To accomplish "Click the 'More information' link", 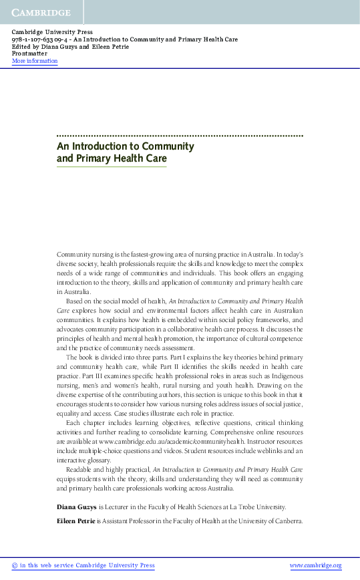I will pos(35,61).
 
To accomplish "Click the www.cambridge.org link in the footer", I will pos(315,565).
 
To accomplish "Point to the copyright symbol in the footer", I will pos(15,565).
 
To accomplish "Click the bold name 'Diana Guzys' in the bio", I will pos(77,507).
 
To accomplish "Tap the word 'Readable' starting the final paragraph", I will pos(80,470).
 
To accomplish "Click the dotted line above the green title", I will pos(180,135).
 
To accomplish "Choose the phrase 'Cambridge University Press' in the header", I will pos(52,32).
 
